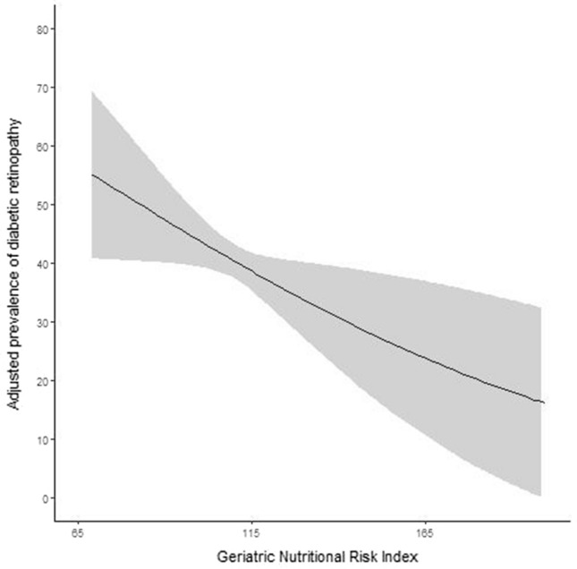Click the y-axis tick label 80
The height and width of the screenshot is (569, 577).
[x=40, y=29]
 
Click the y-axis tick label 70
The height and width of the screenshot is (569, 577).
[x=40, y=88]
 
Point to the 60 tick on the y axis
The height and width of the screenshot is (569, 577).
[x=40, y=146]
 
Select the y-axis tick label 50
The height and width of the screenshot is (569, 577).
[x=40, y=205]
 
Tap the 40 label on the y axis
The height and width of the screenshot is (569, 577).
[x=40, y=263]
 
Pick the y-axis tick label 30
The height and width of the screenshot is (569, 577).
[x=40, y=322]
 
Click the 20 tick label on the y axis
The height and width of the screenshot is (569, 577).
[x=40, y=381]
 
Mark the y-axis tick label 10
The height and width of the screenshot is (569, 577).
[x=40, y=439]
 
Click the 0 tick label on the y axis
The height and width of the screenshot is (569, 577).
[x=43, y=498]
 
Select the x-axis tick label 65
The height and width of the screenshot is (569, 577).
[x=79, y=532]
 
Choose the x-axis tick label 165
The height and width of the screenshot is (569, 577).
[x=426, y=532]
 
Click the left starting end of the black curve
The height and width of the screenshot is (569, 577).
[x=92, y=174]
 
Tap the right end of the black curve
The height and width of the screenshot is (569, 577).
[x=543, y=403]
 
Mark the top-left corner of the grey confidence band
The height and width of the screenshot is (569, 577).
[x=92, y=90]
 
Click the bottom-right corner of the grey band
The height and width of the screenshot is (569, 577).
[x=541, y=496]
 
